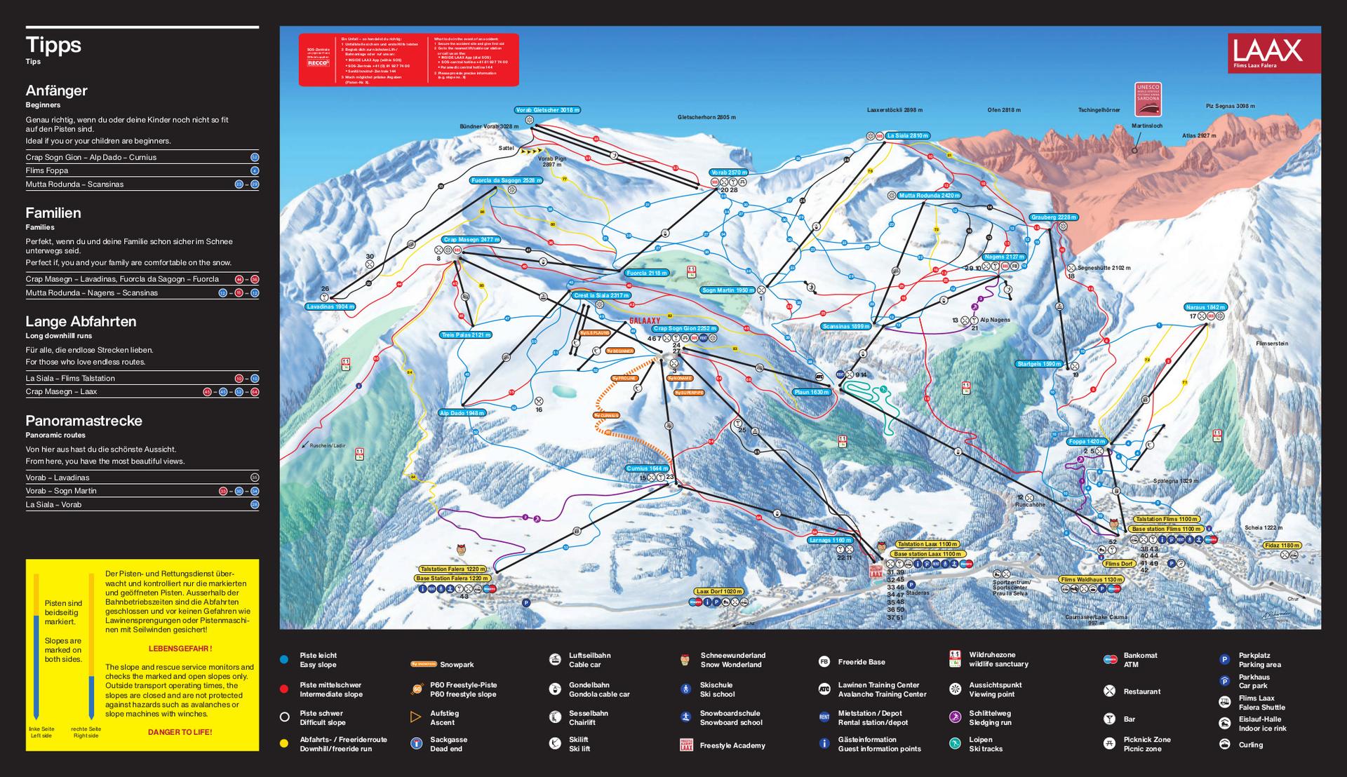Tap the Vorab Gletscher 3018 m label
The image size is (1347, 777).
click(547, 110)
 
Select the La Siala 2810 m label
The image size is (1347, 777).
click(907, 135)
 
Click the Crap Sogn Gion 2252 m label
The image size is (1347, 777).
click(685, 328)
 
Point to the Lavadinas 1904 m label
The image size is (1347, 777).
click(330, 306)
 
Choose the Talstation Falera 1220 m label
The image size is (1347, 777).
click(453, 569)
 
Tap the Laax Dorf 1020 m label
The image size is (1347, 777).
click(718, 591)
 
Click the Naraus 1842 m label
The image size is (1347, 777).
click(1205, 307)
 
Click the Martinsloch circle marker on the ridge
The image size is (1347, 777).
click(1134, 150)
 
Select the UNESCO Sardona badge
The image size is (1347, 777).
click(1148, 99)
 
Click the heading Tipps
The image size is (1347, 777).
click(53, 45)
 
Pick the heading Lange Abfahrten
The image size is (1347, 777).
click(81, 322)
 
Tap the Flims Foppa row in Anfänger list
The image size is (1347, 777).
click(47, 170)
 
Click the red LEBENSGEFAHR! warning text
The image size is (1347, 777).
click(180, 649)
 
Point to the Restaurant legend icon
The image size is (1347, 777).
click(1109, 691)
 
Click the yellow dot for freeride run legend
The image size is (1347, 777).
click(284, 743)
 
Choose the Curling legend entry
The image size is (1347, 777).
click(1250, 745)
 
